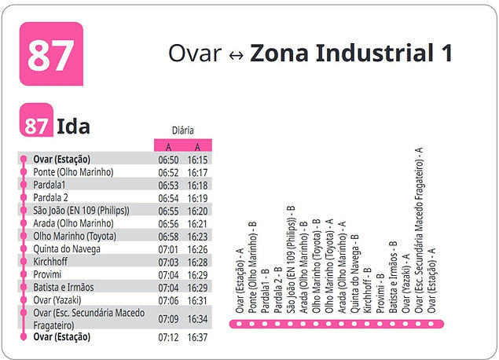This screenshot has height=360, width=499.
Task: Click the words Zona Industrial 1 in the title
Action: (x=351, y=53)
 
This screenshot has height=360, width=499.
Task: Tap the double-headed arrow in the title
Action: (x=235, y=55)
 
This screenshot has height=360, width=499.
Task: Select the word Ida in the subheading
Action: (x=74, y=126)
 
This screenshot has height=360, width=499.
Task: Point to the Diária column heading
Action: (x=182, y=130)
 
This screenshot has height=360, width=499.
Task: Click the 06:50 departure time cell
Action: (x=168, y=160)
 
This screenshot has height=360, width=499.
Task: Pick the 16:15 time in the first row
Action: (x=197, y=160)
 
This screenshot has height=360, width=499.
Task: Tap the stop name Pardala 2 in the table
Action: (x=51, y=197)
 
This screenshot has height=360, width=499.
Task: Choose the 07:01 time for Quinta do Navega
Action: (x=168, y=248)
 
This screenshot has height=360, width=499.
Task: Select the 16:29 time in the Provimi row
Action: (x=197, y=274)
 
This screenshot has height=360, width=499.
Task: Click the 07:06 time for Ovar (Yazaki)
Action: (x=168, y=299)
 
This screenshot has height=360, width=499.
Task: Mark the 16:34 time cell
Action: (x=197, y=318)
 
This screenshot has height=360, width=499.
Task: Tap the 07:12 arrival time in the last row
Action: (x=168, y=337)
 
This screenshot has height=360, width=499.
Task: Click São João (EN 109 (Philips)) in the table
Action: (x=81, y=210)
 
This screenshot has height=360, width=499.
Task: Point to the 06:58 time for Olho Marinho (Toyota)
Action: (x=168, y=236)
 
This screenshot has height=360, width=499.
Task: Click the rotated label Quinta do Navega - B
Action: (x=354, y=274)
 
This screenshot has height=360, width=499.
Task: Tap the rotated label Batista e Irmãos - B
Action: (x=392, y=278)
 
